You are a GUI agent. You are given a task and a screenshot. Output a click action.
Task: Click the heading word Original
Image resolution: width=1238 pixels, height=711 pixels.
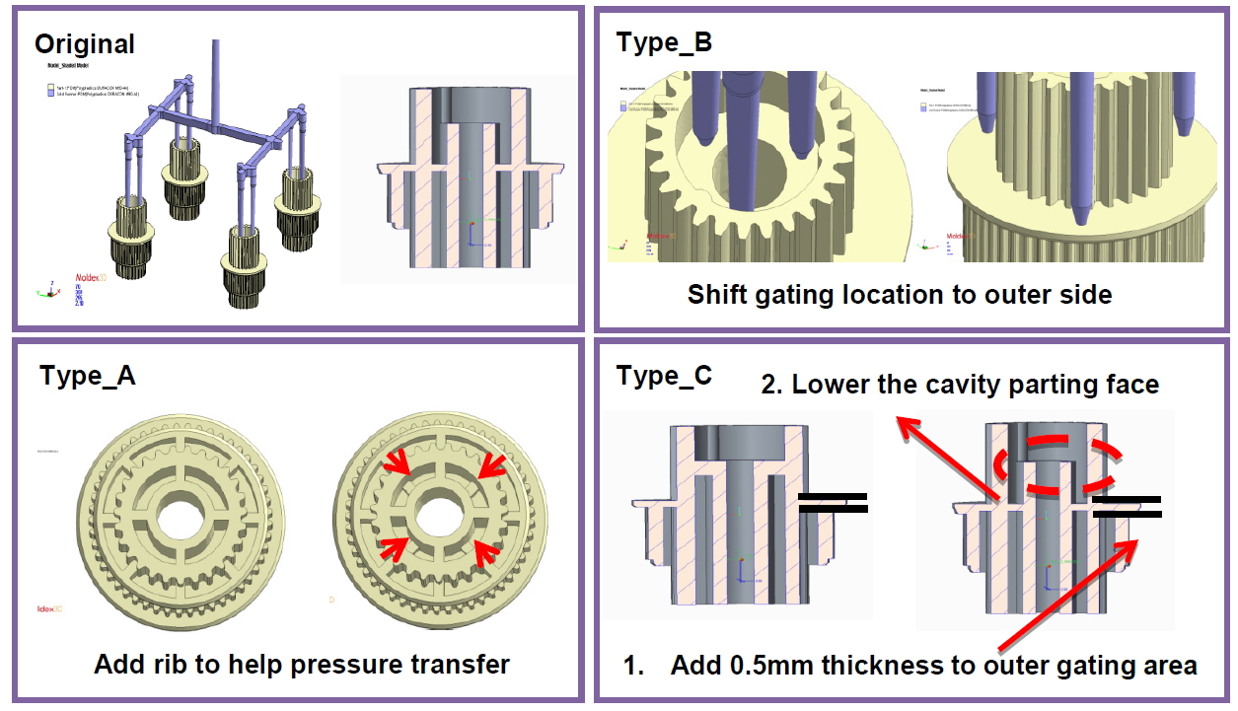coord(84,44)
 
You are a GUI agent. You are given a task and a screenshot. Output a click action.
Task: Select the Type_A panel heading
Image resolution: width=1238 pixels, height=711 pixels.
coord(87,376)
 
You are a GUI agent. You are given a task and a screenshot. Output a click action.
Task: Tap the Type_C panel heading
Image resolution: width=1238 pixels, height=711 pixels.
coord(663,376)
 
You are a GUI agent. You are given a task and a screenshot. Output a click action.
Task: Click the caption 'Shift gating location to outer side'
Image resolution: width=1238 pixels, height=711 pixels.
coord(899,295)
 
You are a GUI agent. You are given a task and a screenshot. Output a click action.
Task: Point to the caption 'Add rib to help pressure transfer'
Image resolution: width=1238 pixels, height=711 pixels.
coord(302,665)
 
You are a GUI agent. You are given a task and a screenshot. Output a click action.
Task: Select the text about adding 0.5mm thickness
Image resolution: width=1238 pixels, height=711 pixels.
coord(933,666)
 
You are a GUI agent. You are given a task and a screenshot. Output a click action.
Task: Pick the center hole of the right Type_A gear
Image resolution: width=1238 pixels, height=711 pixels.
coord(437,514)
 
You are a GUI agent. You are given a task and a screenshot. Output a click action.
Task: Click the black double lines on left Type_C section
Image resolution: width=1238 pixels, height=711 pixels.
coord(833,502)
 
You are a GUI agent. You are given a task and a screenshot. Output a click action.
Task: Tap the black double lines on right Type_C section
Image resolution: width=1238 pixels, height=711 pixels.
coord(1127,507)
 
